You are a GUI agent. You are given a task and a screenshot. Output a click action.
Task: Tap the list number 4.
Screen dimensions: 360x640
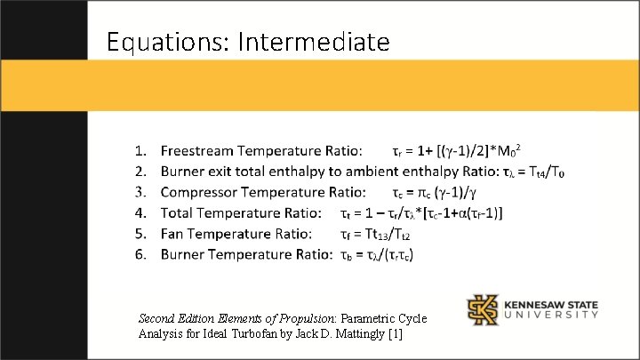140,212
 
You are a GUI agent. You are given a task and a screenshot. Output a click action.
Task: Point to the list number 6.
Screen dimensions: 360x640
140,255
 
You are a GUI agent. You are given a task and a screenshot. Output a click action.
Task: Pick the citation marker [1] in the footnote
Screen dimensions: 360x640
395,333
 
